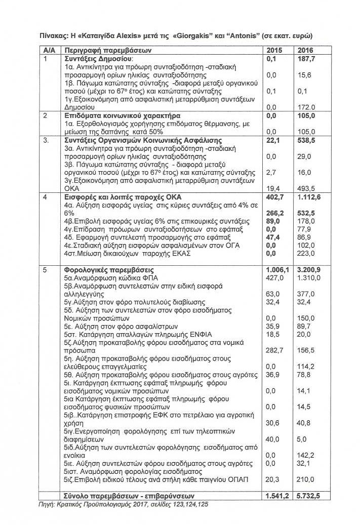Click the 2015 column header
273,51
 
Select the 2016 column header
305,51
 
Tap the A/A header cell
49,51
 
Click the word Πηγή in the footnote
48,504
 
